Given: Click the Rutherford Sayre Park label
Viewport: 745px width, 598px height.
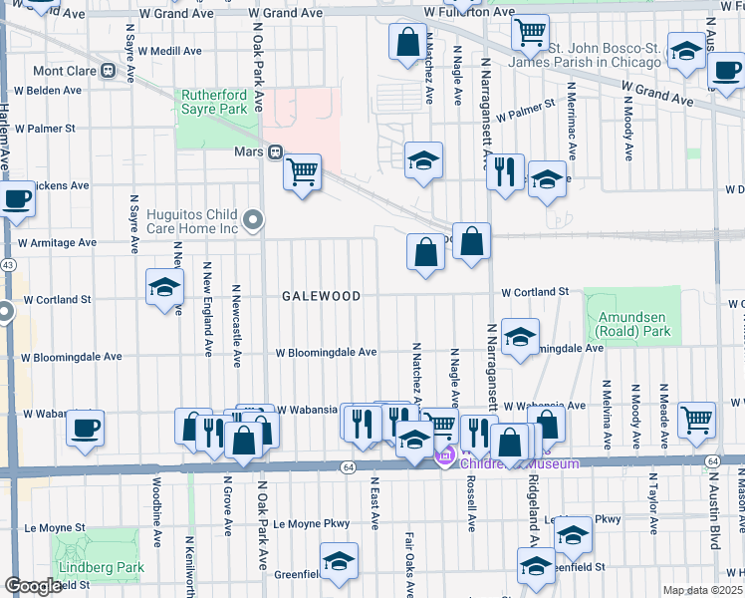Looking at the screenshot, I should point(213,102).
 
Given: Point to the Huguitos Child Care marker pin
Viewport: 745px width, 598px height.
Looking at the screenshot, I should point(254,219).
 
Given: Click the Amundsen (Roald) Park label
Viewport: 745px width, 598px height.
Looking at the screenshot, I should point(630,323).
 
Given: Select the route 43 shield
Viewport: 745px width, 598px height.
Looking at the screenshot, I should point(8,265).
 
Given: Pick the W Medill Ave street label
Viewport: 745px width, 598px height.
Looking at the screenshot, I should point(170,50).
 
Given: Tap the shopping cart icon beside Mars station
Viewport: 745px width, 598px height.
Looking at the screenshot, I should point(303,171).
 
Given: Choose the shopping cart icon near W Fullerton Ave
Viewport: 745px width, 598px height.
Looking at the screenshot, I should point(530,31).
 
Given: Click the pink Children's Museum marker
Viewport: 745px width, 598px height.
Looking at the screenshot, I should point(445,457).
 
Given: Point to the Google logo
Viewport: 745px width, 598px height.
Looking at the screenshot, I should point(33,586).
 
